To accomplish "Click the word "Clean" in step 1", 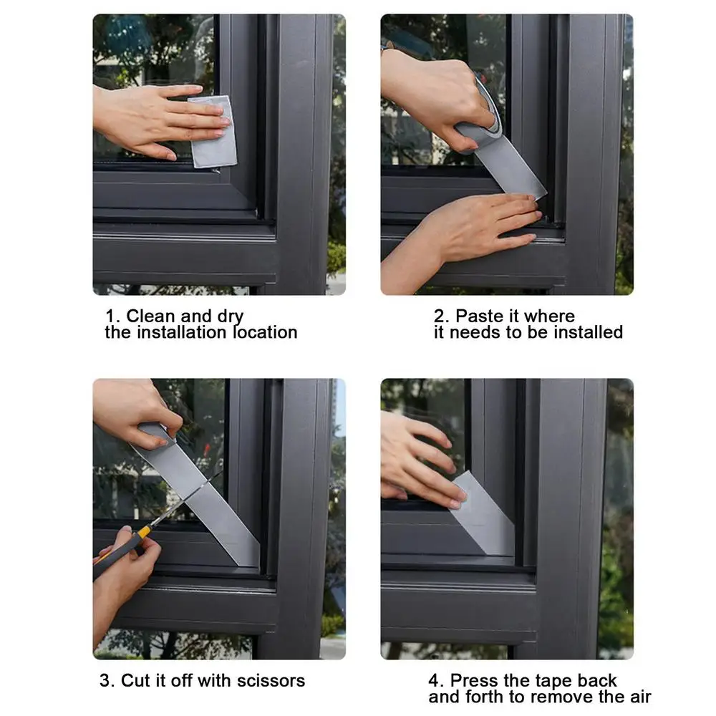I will (x=150, y=316).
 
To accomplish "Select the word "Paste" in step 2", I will (x=480, y=316).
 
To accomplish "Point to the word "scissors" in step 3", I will (x=269, y=680).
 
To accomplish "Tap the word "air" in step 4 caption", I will (x=638, y=696).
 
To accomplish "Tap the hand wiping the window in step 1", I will (x=154, y=118).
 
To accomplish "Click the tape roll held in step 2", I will (x=478, y=129).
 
